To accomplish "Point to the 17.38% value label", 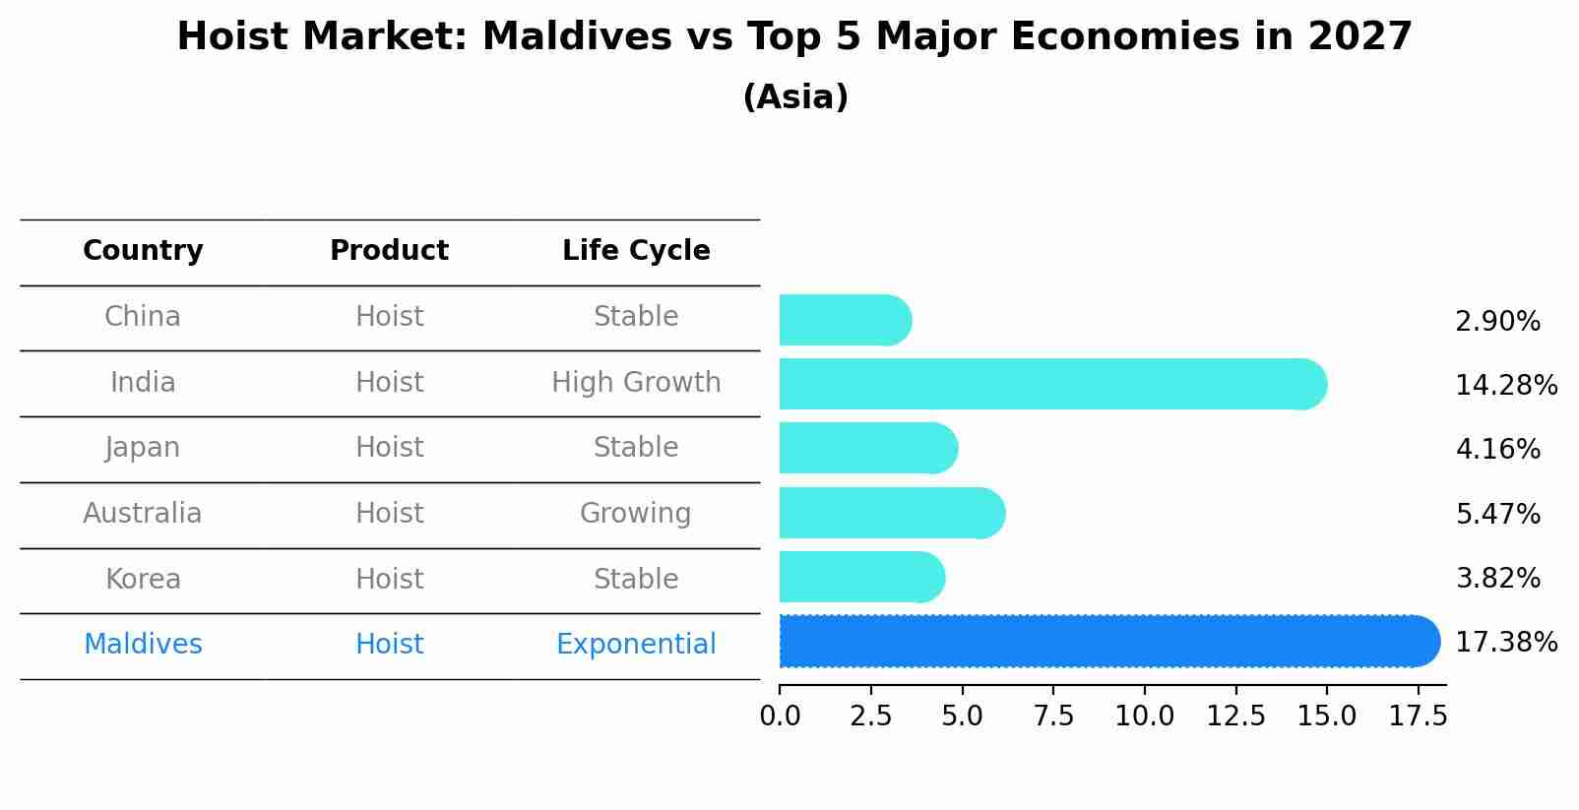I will (1505, 643).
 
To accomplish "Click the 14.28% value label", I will (1505, 385).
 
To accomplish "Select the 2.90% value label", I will (1497, 322).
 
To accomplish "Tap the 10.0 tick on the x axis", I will (1144, 717).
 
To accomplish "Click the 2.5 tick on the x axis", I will (870, 717).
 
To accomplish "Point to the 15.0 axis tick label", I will (1326, 717).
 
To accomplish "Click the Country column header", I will (143, 251).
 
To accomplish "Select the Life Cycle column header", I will (636, 251).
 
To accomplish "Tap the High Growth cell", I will (636, 383).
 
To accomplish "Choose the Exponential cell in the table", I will (636, 645).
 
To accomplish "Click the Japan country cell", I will (143, 448).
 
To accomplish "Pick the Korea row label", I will (143, 579).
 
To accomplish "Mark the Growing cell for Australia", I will (636, 514).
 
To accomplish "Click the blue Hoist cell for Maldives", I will (389, 645).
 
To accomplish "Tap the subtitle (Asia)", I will (795, 97).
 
